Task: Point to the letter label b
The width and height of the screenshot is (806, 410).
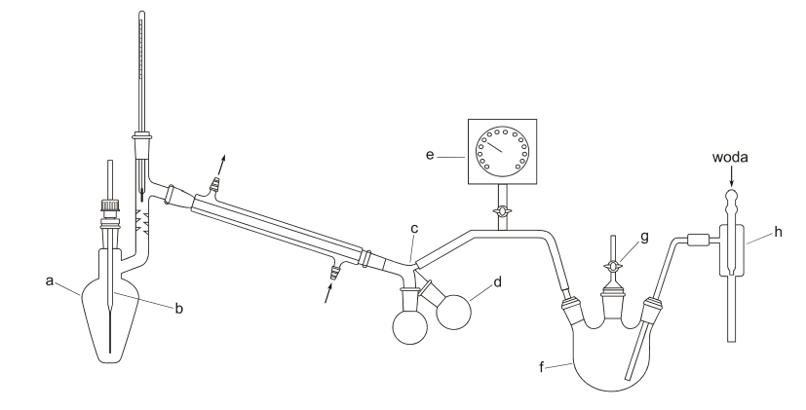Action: coord(178,309)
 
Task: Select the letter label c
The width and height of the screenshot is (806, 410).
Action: coord(414,229)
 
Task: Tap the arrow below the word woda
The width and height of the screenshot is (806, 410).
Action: coord(732,179)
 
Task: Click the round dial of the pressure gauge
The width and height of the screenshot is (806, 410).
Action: coord(503,151)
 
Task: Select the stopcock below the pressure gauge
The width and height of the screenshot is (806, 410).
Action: coord(503,211)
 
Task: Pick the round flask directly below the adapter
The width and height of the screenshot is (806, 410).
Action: coord(410,326)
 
